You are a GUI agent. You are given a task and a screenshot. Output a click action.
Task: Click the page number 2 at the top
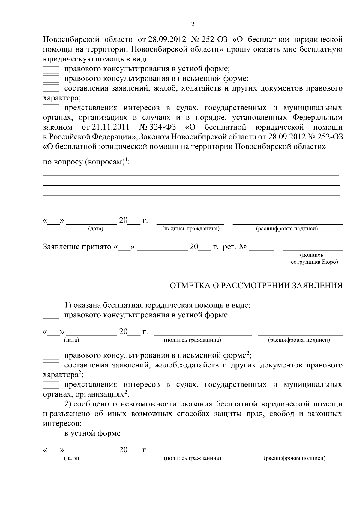193,25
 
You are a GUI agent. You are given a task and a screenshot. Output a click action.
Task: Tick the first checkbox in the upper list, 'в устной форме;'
51,70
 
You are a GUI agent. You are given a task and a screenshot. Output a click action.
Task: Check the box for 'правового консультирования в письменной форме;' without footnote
51,79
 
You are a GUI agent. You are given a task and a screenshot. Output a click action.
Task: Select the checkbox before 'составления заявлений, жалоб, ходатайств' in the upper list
51,88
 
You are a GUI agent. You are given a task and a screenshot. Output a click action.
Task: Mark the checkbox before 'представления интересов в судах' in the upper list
51,108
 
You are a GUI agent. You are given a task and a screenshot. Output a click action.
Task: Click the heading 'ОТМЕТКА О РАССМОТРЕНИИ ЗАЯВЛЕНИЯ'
256,286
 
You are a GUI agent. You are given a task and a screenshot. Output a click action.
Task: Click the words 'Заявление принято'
77,247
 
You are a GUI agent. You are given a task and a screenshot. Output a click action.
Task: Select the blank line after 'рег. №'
261,249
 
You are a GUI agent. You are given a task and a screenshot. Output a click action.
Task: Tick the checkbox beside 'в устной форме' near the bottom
51,434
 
